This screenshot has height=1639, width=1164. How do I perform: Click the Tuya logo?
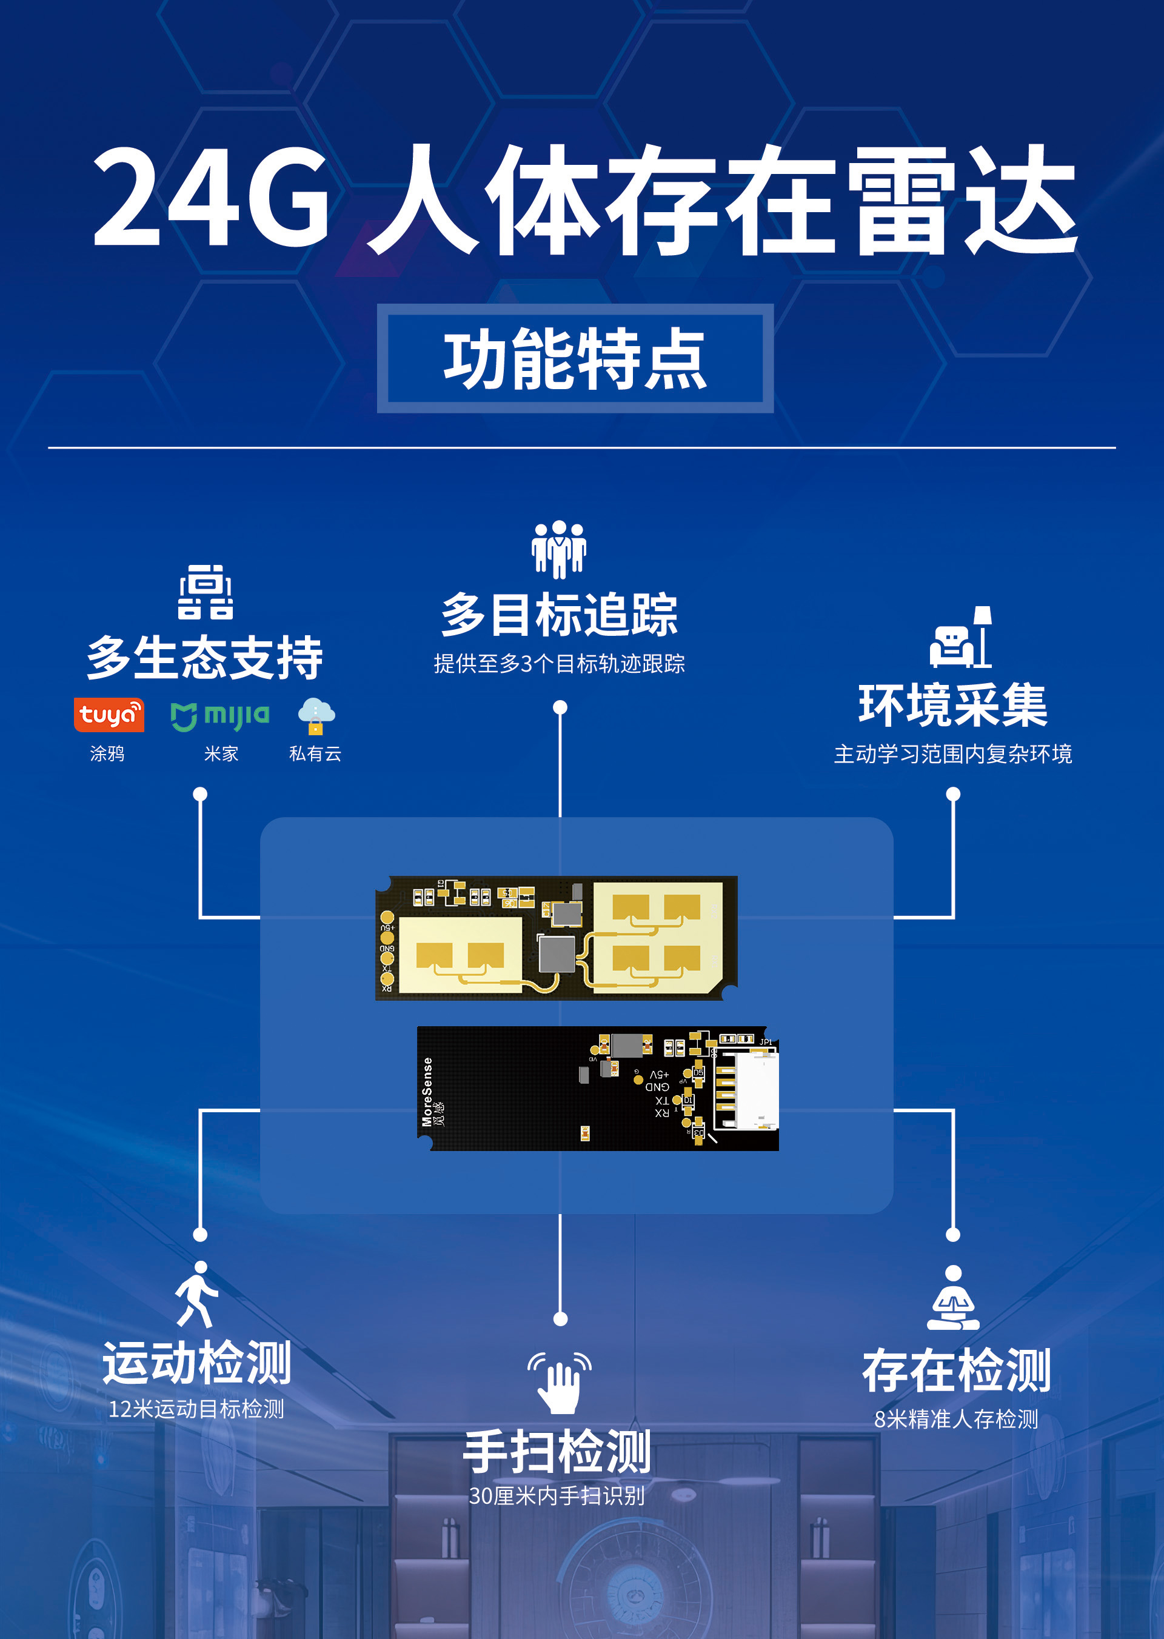coord(109,715)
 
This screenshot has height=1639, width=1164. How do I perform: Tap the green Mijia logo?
coord(220,715)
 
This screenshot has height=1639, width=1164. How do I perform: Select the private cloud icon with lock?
coord(315,715)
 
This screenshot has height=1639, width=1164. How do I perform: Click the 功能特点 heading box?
coord(575,358)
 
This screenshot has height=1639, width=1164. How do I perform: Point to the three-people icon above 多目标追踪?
coord(559,549)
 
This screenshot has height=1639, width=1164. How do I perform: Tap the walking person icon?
coord(196,1294)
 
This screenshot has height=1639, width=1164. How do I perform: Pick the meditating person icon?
coord(952,1298)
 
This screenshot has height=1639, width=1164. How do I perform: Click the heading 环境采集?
coord(952,705)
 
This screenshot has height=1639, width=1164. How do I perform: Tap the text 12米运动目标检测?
coord(196,1409)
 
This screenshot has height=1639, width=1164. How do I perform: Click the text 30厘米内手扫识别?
coord(557,1496)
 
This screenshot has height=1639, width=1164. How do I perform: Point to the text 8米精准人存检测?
coord(956,1419)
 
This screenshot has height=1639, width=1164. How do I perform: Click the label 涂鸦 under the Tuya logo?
coord(107,753)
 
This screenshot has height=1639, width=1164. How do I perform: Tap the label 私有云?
coord(315,753)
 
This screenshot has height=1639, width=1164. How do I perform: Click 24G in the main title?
coord(212,196)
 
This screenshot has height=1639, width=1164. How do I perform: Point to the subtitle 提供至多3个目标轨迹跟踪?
coord(559,664)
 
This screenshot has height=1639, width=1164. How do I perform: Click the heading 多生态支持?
coord(204,658)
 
